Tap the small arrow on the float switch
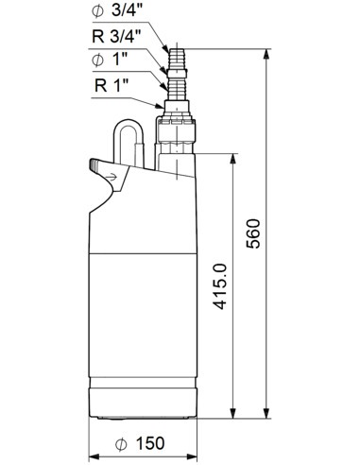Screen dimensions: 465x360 [112, 175]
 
